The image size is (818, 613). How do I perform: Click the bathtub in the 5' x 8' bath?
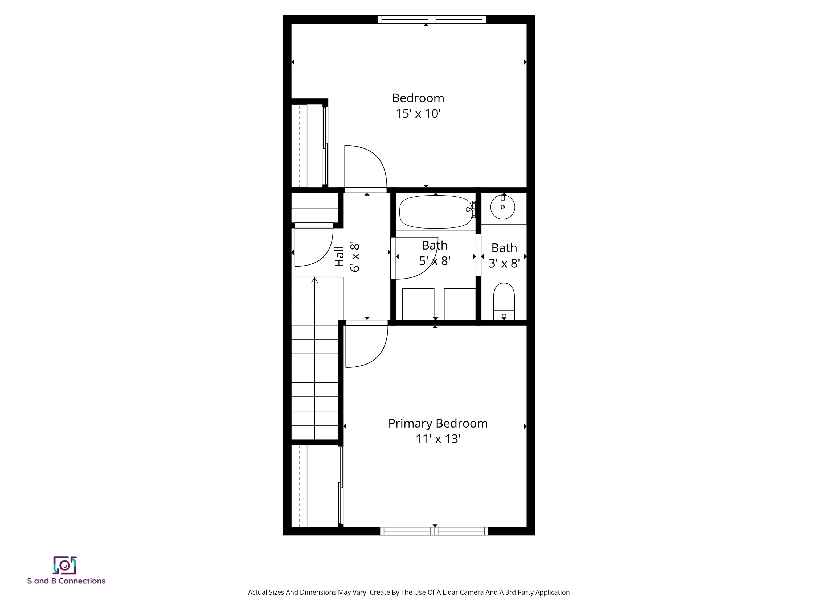pos(436,212)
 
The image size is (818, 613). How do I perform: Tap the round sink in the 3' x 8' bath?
pos(502,207)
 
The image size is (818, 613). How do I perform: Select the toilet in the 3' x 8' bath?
pos(504,300)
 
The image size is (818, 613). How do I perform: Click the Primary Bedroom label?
pos(438,424)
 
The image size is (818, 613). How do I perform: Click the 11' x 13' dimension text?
pos(438,439)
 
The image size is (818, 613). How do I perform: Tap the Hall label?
pos(339,256)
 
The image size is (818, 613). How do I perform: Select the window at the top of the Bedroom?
pos(432,20)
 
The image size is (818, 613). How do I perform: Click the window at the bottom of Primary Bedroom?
pos(434,531)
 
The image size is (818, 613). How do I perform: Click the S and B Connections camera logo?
pos(65,565)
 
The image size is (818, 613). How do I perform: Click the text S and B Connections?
pos(66,581)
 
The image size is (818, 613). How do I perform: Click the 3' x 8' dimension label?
pos(504,263)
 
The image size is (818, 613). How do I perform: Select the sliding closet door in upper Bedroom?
pos(325,146)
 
